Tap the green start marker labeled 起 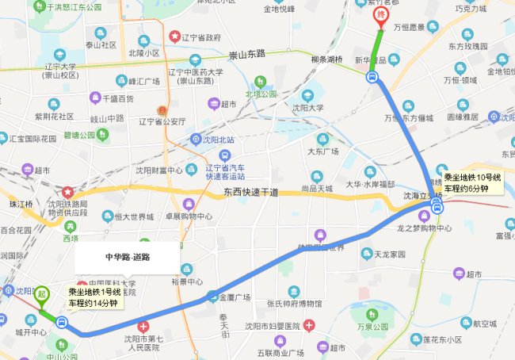(x=40, y=295)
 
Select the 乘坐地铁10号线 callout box (x=471, y=183)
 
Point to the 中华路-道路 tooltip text (x=128, y=257)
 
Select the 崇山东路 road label (x=248, y=55)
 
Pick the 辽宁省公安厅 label (x=162, y=121)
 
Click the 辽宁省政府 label (x=198, y=37)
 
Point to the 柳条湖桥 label (x=326, y=59)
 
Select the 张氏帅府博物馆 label (x=293, y=304)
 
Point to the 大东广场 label (x=322, y=151)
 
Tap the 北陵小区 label (x=143, y=53)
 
